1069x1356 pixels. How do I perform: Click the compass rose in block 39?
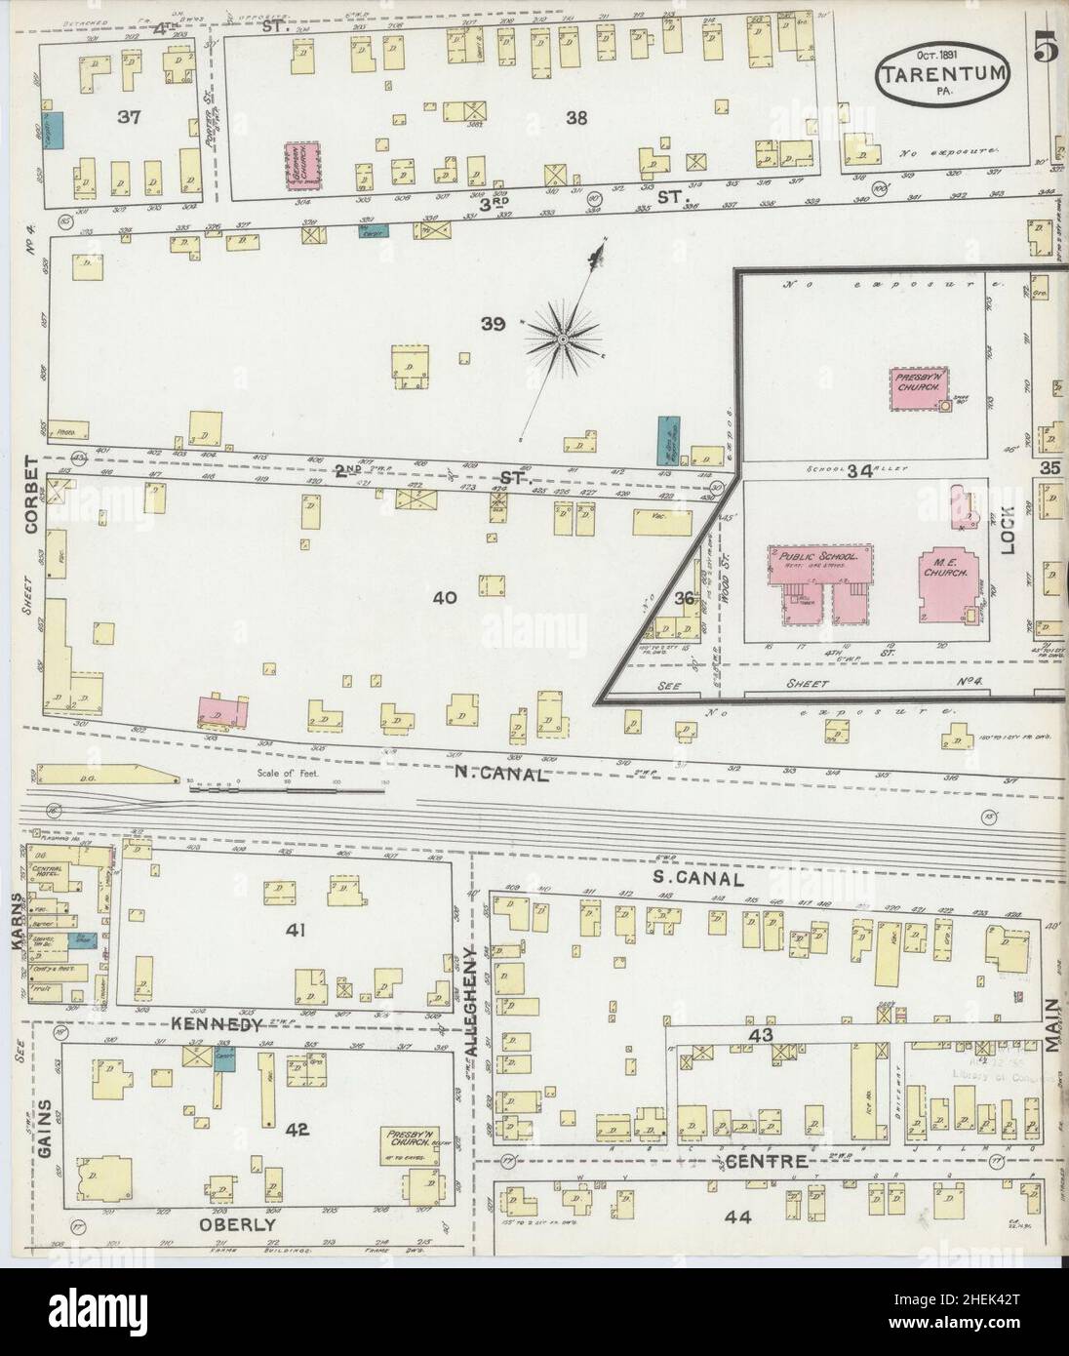(x=563, y=338)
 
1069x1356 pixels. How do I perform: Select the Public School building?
(x=817, y=583)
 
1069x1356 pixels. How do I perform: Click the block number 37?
(x=129, y=117)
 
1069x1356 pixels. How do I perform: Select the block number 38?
(x=575, y=118)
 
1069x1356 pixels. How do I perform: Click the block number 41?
(x=296, y=931)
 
